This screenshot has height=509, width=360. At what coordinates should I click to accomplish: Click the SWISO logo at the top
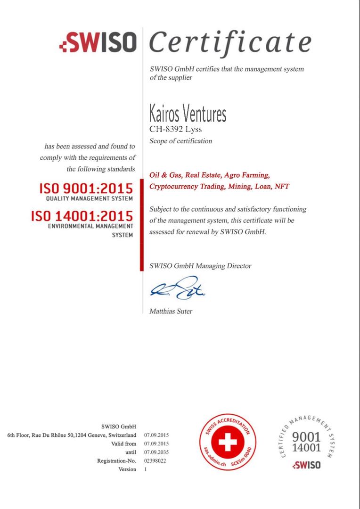(98, 43)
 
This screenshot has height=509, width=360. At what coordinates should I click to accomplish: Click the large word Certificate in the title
(230, 42)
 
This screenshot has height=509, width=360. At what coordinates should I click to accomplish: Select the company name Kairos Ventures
(188, 114)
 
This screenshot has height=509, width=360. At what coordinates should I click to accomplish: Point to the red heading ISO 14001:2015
(82, 216)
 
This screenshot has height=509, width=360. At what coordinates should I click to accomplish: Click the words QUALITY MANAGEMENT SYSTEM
(90, 199)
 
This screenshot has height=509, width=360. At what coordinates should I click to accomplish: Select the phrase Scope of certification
(180, 141)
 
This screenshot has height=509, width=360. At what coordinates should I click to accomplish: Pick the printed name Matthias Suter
(171, 311)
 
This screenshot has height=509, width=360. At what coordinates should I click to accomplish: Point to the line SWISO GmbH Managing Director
(200, 266)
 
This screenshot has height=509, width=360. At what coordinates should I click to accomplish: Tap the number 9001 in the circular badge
(306, 437)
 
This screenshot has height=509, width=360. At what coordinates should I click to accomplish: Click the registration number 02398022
(155, 460)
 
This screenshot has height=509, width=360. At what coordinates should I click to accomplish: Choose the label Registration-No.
(116, 460)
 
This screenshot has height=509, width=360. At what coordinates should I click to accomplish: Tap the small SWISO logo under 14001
(306, 465)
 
